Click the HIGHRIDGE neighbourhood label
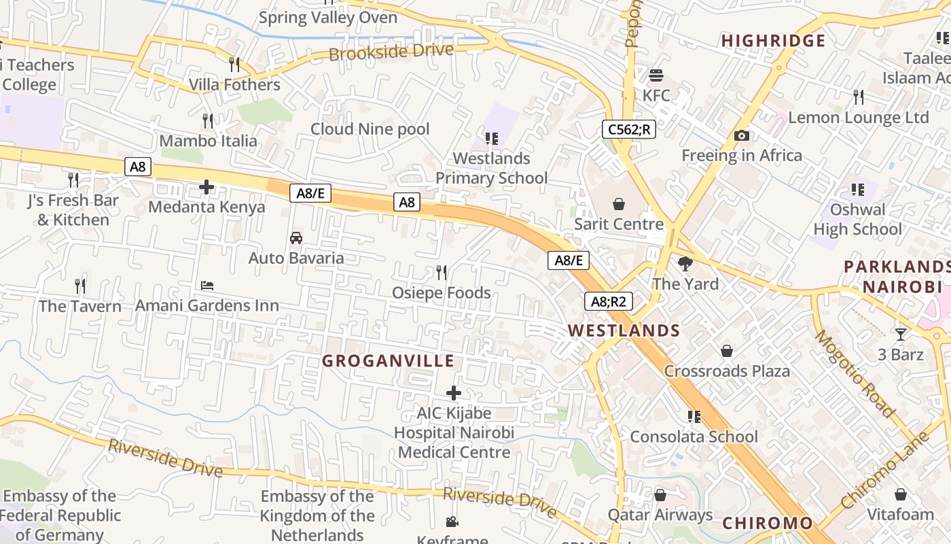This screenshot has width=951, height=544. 773,41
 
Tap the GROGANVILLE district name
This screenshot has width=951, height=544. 388,360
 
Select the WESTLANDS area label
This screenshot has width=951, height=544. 624,330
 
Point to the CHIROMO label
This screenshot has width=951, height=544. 767,523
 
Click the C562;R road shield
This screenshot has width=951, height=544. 628,129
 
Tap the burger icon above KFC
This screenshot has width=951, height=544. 656,75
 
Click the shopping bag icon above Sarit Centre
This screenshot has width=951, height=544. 619,203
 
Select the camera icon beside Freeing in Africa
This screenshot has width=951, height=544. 742,135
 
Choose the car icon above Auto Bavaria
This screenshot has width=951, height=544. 296,238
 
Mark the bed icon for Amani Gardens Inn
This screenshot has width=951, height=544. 207,286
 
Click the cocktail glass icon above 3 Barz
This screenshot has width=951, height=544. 901,334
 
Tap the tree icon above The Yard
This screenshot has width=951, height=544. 685,263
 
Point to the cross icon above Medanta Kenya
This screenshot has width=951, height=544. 207,186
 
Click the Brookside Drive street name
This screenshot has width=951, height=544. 391,52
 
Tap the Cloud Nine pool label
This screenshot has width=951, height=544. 370,129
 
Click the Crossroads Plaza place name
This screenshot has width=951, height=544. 727,371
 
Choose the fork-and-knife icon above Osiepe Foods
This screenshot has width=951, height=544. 442,273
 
